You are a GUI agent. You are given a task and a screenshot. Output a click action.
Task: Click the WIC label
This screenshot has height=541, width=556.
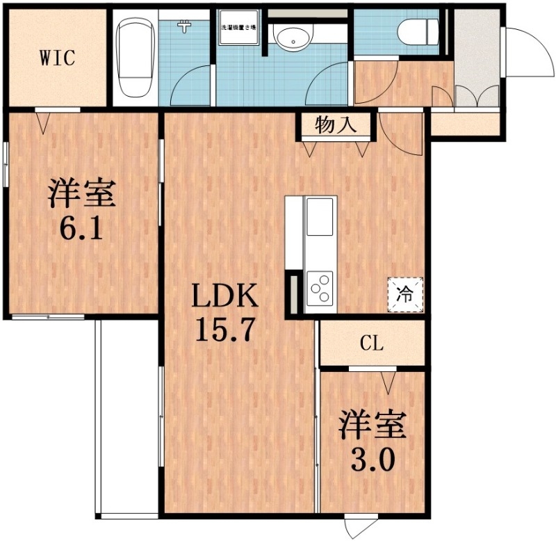click(56, 58)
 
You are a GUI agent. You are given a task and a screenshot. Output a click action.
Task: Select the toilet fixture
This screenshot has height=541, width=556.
click(420, 31)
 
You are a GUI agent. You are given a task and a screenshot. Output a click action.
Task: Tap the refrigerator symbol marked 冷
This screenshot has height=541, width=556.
click(404, 293)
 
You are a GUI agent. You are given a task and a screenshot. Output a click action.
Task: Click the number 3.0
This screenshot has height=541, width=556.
click(372, 458)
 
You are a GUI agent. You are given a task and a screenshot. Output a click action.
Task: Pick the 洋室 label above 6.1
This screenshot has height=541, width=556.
click(81, 193)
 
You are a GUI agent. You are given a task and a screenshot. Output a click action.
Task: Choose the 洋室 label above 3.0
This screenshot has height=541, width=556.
click(372, 426)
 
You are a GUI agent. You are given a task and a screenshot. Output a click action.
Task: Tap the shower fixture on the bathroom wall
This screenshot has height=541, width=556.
click(184, 27)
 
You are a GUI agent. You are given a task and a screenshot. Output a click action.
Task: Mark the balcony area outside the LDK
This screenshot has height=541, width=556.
click(129, 417)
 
